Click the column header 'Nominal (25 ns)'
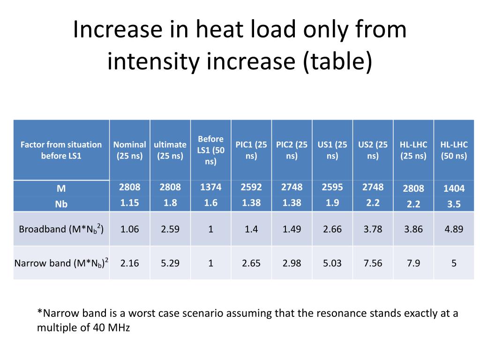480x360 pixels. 129,150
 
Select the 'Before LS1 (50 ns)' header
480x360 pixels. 210,150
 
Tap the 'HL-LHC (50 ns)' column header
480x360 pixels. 454,150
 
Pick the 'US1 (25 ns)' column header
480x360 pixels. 332,150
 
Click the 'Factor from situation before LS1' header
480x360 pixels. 61,150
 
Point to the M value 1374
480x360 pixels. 210,187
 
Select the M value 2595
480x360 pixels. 332,187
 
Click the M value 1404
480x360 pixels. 454,188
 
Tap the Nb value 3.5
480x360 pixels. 454,204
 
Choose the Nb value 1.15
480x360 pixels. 129,203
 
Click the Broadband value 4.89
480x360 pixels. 454,229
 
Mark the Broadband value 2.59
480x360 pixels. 170,229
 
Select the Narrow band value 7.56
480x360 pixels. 373,263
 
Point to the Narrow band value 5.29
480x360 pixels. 170,263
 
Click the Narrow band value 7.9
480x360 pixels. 413,263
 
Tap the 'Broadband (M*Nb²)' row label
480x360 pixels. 61,229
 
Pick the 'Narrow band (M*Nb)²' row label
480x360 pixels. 61,262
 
